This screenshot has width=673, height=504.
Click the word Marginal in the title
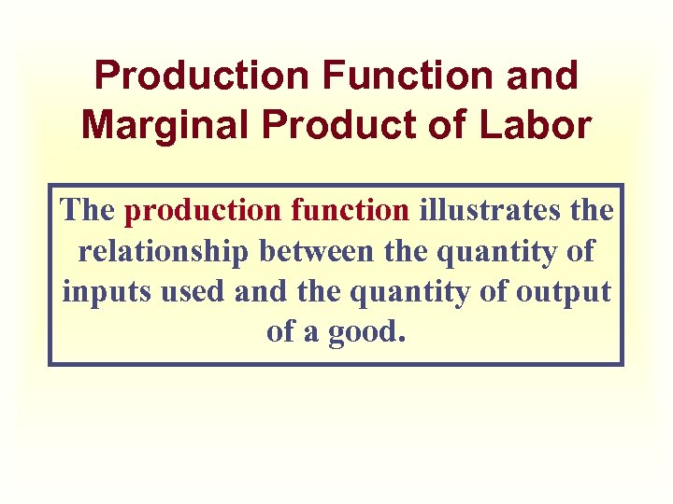coord(157,124)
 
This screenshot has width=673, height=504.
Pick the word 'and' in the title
coord(544,76)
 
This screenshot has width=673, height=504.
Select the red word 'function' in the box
coord(350,210)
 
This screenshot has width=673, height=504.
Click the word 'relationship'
coord(164,251)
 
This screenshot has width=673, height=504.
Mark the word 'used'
coord(188,291)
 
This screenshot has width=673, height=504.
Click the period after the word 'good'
coord(402,340)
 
